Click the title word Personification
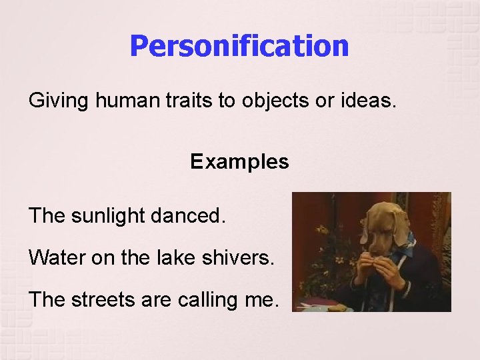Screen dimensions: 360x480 click(239, 46)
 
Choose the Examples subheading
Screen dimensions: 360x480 click(239, 162)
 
